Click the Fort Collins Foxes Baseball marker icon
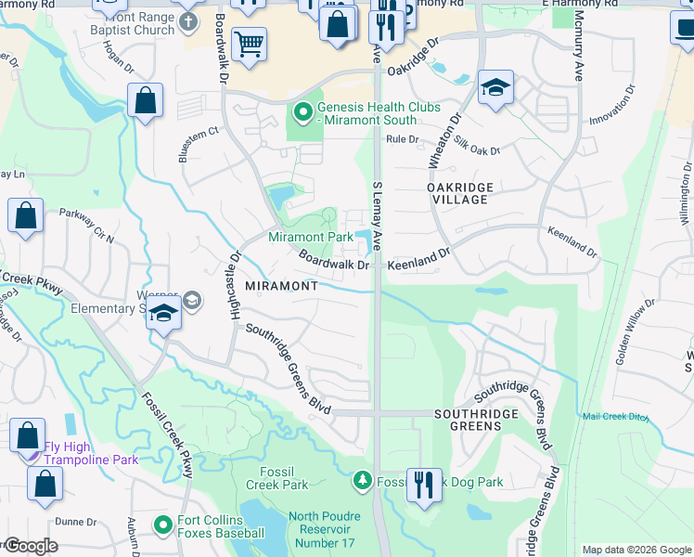[163, 526]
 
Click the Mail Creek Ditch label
[616, 416]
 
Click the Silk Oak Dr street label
[477, 143]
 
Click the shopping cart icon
[249, 43]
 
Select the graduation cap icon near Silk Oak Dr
[496, 88]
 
